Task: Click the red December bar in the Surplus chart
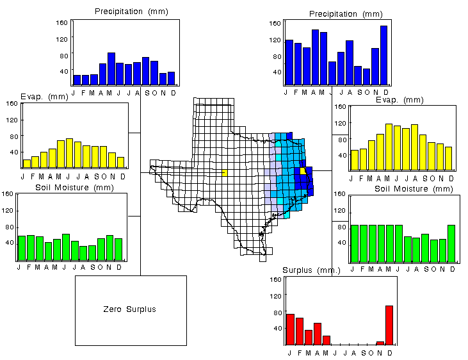click(x=389, y=325)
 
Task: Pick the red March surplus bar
click(x=308, y=337)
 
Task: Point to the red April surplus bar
click(x=317, y=334)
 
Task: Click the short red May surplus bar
click(x=326, y=340)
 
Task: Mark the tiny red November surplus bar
click(x=380, y=343)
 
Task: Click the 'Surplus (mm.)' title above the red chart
click(x=312, y=270)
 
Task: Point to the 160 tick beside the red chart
click(x=275, y=280)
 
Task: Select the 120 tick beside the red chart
click(x=275, y=296)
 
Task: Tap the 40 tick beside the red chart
click(x=276, y=329)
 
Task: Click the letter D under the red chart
click(x=389, y=352)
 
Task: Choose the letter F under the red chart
click(x=299, y=352)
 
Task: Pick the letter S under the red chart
click(x=362, y=352)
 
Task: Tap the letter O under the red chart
click(x=371, y=352)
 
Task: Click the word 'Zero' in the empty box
click(x=112, y=309)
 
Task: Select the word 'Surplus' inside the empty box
click(x=140, y=309)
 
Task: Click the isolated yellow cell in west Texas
click(x=224, y=172)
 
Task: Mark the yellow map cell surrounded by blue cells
click(x=303, y=170)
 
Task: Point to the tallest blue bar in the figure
click(x=383, y=55)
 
